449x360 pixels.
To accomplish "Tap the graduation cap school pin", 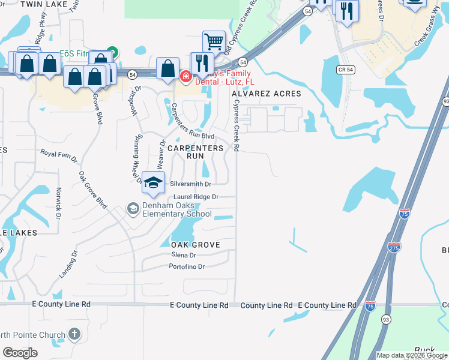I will click(x=153, y=182).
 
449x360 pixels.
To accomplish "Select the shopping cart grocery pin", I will click(x=213, y=42).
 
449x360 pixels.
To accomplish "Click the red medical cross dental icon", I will click(x=185, y=76).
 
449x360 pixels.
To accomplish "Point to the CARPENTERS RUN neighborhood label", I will click(x=195, y=151).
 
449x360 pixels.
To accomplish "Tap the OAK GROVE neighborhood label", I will click(x=196, y=245).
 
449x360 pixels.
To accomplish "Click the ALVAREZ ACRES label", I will click(x=266, y=94).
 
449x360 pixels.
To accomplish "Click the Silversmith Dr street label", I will click(x=191, y=184).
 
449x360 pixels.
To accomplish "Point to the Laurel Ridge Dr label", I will click(x=196, y=197).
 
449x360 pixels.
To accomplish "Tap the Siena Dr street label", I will click(x=184, y=255).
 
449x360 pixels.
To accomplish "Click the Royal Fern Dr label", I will click(x=59, y=156).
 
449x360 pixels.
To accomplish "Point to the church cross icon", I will click(x=74, y=334).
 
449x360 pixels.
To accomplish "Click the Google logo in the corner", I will click(x=20, y=352).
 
